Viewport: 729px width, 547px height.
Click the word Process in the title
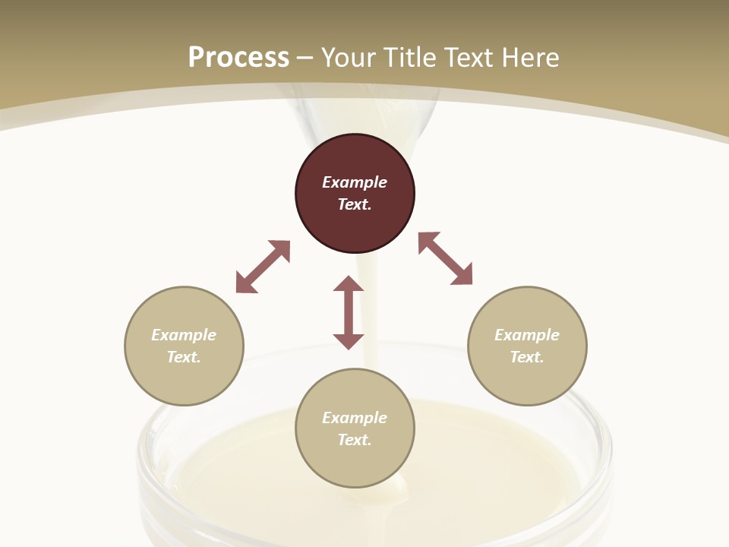[238, 57]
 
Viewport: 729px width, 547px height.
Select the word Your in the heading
[349, 57]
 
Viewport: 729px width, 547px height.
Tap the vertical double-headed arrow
[349, 312]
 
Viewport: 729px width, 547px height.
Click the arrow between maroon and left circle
[263, 267]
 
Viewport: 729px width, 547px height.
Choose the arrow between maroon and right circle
[446, 258]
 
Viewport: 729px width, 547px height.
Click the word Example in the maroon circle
[355, 182]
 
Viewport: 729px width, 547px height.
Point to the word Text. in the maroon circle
[355, 204]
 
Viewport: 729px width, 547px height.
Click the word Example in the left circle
[184, 335]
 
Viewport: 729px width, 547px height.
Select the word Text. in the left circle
[184, 357]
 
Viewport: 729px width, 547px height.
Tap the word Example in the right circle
[527, 335]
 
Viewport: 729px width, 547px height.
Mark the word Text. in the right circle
[527, 357]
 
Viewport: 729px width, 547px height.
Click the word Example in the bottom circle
[355, 418]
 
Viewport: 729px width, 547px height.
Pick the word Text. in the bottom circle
[355, 440]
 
